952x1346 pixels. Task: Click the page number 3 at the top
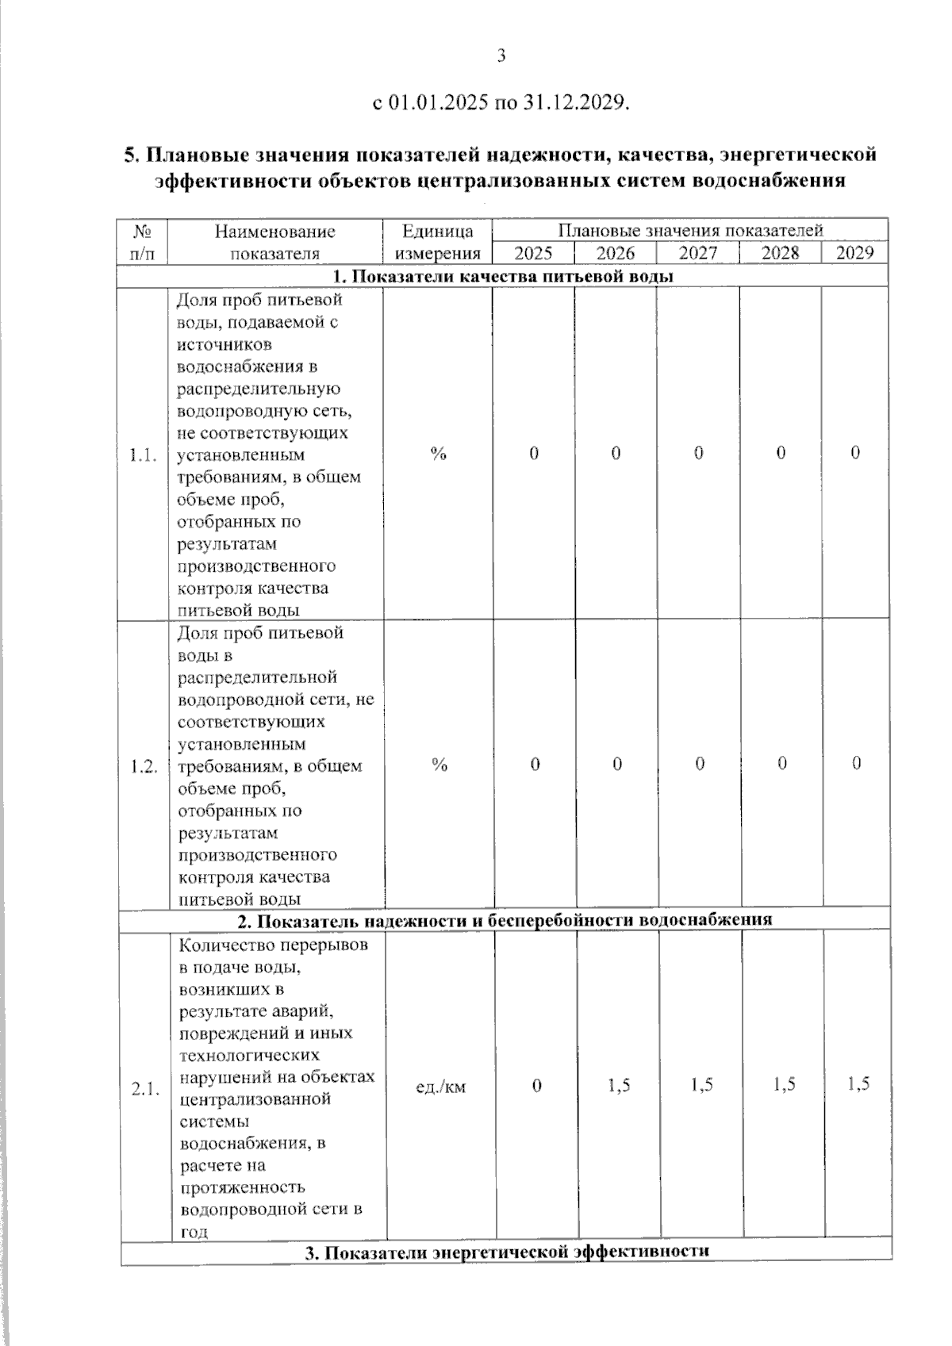click(x=501, y=56)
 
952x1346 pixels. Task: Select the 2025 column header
click(x=533, y=253)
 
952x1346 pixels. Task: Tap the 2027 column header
click(x=698, y=253)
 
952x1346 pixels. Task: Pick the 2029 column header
click(x=854, y=253)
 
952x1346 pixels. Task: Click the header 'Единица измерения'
click(x=437, y=242)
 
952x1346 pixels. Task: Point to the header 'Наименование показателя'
click(x=274, y=242)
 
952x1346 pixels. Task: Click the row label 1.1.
click(x=143, y=455)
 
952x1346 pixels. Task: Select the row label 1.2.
click(x=144, y=766)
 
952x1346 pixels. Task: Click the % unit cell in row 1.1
click(x=439, y=454)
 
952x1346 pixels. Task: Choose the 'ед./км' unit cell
click(x=441, y=1087)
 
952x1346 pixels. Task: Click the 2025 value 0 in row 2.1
click(x=537, y=1085)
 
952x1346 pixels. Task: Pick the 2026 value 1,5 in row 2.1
click(x=619, y=1085)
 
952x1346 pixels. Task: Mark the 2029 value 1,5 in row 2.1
click(x=858, y=1084)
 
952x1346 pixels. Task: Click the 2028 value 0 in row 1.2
click(x=782, y=764)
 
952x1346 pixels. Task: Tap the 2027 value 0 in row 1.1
click(x=699, y=453)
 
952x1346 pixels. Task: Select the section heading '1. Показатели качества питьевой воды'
click(x=503, y=276)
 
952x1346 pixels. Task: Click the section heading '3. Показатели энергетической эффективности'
click(x=507, y=1252)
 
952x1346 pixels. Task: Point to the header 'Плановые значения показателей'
click(x=690, y=231)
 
